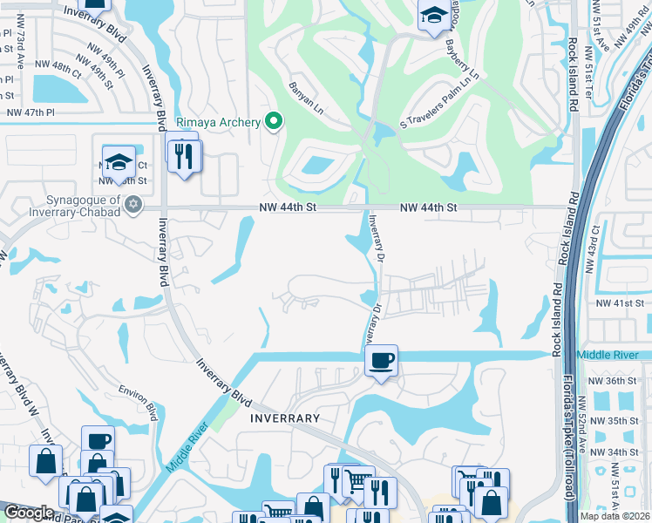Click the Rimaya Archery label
coord(218,123)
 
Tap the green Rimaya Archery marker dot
coord(273,122)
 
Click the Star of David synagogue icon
coord(132,205)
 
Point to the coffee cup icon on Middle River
coord(381,361)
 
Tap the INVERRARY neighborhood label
coord(285,418)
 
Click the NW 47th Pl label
coord(30,113)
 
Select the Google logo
coord(28,513)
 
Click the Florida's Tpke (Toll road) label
coord(569,450)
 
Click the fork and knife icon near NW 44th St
coord(185,156)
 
